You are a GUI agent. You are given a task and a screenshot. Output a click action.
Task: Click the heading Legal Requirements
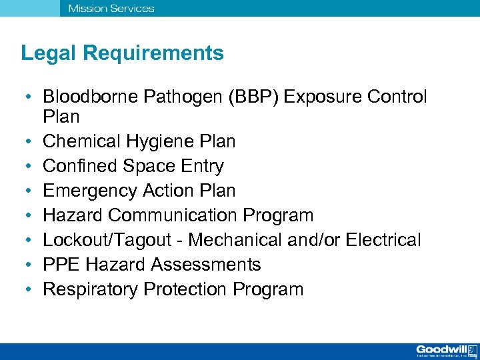[122, 53]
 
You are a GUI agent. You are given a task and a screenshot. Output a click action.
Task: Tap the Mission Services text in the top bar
[111, 9]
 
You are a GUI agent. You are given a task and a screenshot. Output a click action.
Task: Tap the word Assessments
[205, 265]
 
